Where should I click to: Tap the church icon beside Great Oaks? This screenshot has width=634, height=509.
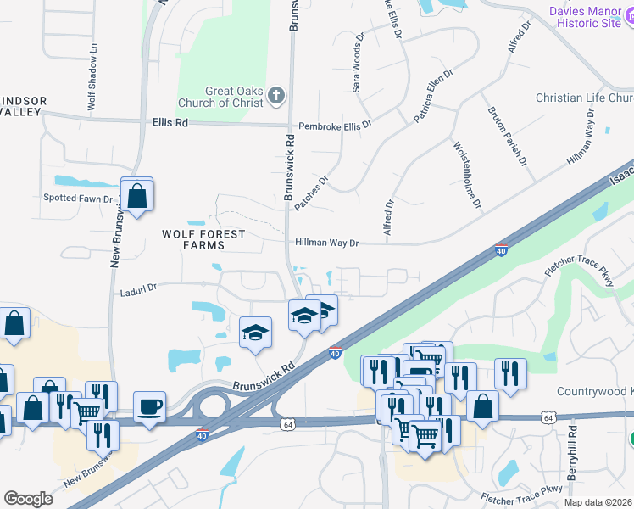point(276,96)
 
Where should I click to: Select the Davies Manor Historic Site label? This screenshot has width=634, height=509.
point(585,17)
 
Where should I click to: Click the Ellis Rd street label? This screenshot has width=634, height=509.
point(170,122)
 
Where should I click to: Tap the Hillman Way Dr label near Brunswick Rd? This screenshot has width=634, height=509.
point(327,243)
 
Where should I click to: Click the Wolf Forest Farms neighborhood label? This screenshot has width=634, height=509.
point(205,239)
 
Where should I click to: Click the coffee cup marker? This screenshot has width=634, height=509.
point(150,408)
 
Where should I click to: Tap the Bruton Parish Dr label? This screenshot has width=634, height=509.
point(507,135)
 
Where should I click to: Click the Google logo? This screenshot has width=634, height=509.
point(28,499)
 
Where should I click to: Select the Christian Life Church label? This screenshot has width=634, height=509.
point(584,98)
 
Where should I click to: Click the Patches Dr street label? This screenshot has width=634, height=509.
point(310,194)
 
